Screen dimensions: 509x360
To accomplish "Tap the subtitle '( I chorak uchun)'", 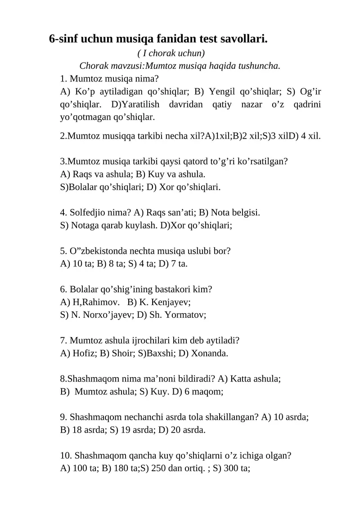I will click(x=171, y=54).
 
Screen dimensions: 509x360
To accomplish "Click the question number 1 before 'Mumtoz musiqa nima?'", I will click(x=63, y=79).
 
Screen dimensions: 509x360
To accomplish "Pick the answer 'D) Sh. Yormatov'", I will click(x=171, y=315).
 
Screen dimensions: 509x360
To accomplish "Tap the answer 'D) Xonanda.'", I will click(x=203, y=353).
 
